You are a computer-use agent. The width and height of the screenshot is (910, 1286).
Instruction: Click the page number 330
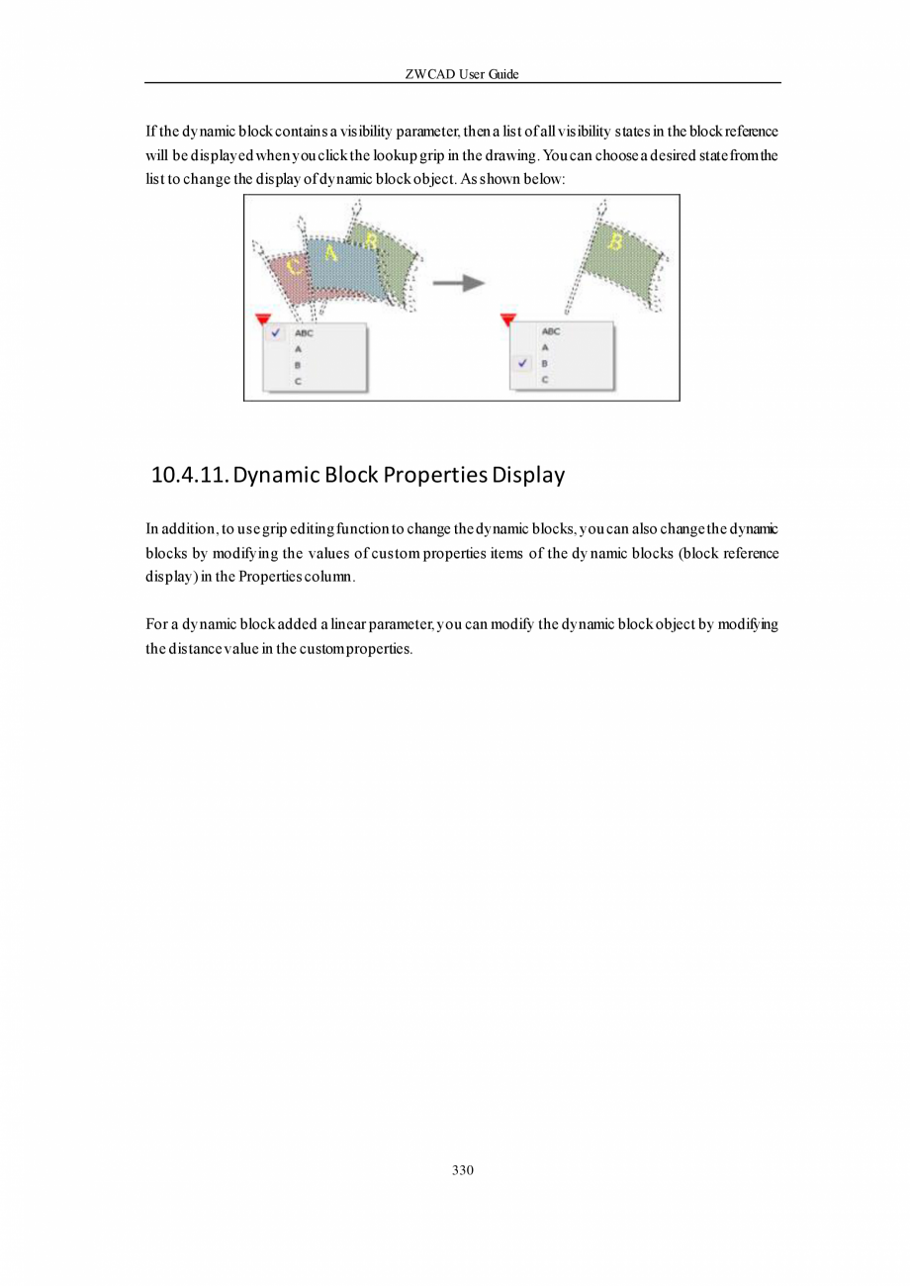tap(462, 1170)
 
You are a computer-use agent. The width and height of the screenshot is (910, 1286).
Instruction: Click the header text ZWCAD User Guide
tap(462, 74)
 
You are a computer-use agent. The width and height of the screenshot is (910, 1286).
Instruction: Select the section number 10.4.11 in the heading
tap(189, 475)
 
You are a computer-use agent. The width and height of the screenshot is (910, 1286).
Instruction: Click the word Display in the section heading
tap(528, 475)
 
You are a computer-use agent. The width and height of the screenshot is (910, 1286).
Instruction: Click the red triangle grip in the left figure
tap(262, 319)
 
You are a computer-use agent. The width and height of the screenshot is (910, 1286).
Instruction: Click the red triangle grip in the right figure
tap(508, 319)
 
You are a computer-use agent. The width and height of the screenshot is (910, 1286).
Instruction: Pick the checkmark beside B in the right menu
tap(523, 363)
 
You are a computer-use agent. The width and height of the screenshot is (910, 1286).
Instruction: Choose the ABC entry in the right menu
tap(551, 332)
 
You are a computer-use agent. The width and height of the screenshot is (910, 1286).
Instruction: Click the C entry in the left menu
tap(297, 380)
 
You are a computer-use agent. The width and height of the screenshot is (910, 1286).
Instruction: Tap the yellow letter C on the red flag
tap(294, 265)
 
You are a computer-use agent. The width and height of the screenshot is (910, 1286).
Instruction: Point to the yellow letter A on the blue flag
tap(330, 253)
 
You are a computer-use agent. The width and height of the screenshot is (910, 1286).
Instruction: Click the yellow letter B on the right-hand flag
tap(613, 240)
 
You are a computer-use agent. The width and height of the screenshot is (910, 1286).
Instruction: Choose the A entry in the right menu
tap(545, 348)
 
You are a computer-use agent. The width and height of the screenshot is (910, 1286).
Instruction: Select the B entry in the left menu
tap(297, 365)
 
